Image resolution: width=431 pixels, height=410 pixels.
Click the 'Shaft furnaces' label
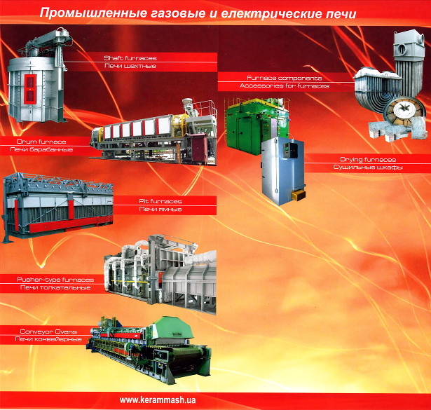(x=130, y=58)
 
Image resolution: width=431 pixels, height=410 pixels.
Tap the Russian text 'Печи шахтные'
(x=130, y=66)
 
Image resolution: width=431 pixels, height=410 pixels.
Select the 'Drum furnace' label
(x=41, y=142)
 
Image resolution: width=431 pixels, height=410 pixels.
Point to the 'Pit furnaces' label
(x=160, y=201)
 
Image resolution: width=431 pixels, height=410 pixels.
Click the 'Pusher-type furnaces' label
(x=55, y=280)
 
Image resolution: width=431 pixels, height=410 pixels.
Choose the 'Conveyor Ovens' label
(x=48, y=332)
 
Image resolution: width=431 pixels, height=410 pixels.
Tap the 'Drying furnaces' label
(x=368, y=159)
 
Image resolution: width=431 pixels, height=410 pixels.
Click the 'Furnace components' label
(x=285, y=78)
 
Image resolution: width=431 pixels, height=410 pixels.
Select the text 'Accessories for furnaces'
(x=285, y=86)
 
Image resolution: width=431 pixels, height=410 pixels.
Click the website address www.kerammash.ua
(x=158, y=399)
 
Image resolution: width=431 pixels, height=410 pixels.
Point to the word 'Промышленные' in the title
(x=93, y=13)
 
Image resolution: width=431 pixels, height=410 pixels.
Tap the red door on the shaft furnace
(x=30, y=88)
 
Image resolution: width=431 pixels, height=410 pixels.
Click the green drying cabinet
(x=245, y=127)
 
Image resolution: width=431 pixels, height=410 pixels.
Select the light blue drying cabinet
(x=282, y=171)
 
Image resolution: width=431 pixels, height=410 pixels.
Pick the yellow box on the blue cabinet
(x=298, y=196)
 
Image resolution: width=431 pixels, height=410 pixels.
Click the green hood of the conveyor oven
(x=172, y=331)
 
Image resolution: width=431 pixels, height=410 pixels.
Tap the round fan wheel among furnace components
(x=404, y=111)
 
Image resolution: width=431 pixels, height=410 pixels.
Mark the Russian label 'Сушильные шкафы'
(x=368, y=168)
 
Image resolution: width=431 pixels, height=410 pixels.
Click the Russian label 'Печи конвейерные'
(x=48, y=339)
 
